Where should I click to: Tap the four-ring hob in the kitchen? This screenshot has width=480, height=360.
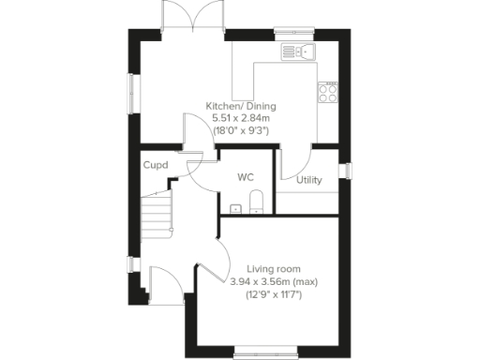329,91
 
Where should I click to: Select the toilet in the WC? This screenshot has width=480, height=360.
257,201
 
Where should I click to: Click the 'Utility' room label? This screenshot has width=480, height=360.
308,180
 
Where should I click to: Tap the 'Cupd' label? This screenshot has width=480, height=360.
156,166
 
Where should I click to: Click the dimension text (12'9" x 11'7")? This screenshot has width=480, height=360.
267,294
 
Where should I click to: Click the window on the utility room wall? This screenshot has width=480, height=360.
345,170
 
